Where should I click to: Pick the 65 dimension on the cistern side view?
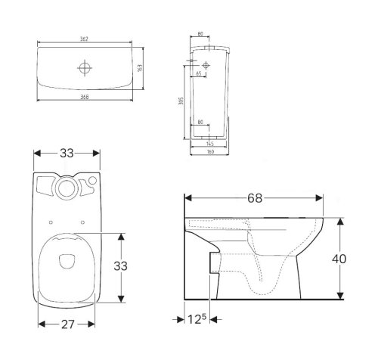[x=198, y=75]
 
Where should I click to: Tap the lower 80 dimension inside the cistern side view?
[x=200, y=122]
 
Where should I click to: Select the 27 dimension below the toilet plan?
[x=67, y=324]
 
